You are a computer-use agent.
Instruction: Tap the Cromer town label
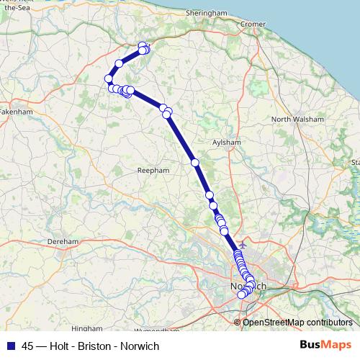(253, 24)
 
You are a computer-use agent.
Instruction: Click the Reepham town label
(152, 170)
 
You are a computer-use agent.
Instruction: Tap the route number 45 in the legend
(28, 346)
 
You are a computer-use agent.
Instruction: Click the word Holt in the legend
(61, 346)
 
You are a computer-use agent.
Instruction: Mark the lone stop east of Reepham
(195, 163)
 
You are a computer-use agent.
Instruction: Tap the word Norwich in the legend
(140, 346)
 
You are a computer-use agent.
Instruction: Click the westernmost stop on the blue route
(108, 78)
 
